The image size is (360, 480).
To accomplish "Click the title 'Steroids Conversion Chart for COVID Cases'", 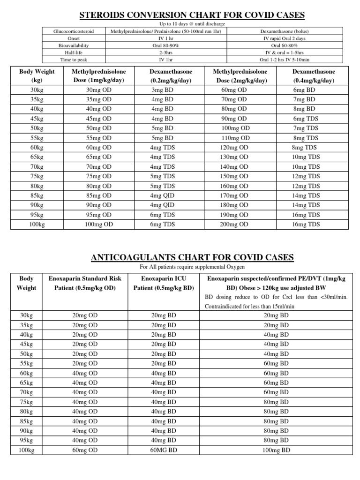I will (192, 15).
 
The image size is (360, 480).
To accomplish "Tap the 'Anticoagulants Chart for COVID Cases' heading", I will (192, 257).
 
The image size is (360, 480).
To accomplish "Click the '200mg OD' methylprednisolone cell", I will (235, 224).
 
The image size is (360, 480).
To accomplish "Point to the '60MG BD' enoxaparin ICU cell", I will (164, 450).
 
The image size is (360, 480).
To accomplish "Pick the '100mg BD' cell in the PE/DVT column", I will (277, 450).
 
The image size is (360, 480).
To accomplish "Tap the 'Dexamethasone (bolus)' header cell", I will (284, 31).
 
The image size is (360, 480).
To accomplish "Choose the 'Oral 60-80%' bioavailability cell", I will (284, 46).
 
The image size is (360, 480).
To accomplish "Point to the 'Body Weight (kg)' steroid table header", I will (37, 76).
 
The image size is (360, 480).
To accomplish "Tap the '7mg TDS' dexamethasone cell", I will (306, 128).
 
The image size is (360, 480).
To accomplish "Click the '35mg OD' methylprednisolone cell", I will (98, 99).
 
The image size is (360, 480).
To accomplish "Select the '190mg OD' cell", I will (235, 215).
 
